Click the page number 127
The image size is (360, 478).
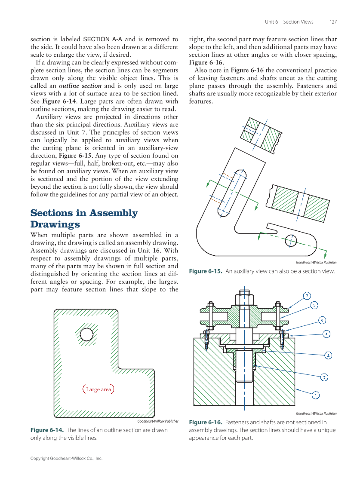point(333,22)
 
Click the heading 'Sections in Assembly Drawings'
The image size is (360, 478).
point(84,218)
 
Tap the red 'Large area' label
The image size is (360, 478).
point(98,389)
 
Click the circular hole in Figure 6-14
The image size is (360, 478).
point(86,334)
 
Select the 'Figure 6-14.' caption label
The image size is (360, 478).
point(47,430)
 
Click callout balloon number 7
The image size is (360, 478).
point(307,296)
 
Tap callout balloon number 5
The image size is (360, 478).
point(314,305)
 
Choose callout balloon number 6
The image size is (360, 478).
point(322,320)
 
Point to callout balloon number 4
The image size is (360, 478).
point(327,334)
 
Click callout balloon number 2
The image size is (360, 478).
point(329,355)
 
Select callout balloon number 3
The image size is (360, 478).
point(325,377)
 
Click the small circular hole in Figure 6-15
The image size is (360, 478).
point(291,240)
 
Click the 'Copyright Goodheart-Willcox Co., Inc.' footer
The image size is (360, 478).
point(66,459)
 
